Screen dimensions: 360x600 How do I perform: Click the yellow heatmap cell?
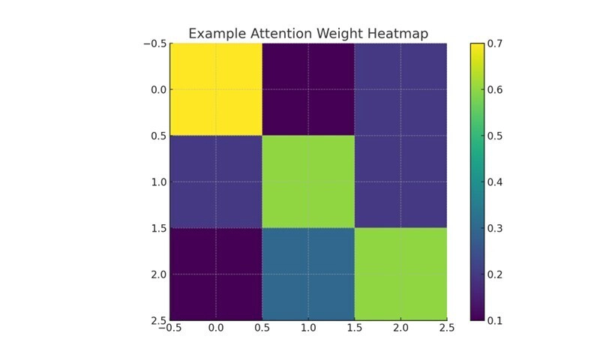(216, 89)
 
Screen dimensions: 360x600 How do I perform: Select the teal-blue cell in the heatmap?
(308, 274)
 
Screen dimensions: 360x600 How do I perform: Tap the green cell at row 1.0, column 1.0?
(308, 181)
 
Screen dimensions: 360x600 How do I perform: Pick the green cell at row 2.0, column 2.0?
(400, 274)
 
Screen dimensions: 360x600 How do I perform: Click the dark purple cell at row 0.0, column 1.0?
(308, 89)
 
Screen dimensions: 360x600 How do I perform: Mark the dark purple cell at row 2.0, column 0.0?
(216, 274)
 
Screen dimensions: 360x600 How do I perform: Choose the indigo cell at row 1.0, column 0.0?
(216, 181)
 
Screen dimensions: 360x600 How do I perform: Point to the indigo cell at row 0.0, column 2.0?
(400, 89)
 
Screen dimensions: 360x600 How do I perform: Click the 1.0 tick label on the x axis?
(308, 328)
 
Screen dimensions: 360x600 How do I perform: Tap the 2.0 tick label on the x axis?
(400, 328)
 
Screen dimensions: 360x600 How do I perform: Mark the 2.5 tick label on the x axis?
(446, 328)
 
